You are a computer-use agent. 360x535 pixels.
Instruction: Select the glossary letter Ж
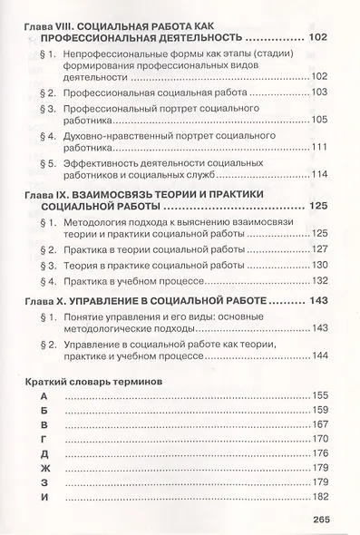point(32,519)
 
